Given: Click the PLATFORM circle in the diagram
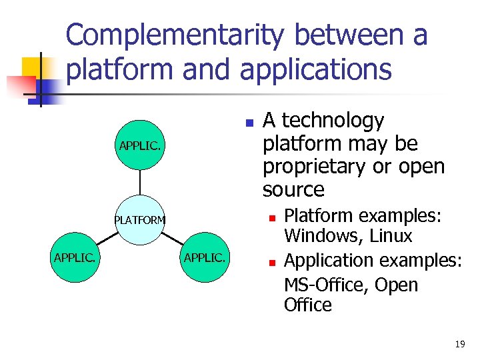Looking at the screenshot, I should (140, 220).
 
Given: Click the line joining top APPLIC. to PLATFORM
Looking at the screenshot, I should (140, 183).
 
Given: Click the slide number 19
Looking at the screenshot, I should (459, 344).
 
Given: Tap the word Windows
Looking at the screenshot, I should (315, 236).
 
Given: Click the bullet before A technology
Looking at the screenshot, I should (248, 123).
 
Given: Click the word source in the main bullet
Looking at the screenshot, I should (293, 190).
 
